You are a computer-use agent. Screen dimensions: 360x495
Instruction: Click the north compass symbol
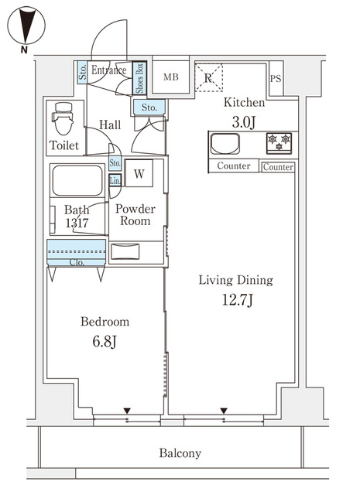pyautogui.click(x=26, y=27)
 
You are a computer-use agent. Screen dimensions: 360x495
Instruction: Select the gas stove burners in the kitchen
pyautogui.click(x=279, y=143)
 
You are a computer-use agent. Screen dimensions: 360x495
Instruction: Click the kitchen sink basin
pyautogui.click(x=225, y=144)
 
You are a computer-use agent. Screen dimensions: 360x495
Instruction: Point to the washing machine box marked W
pyautogui.click(x=139, y=173)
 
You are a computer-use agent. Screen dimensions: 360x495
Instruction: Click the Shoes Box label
pyautogui.click(x=139, y=78)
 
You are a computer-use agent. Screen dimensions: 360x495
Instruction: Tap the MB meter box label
pyautogui.click(x=170, y=77)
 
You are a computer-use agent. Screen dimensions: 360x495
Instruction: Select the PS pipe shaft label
pyautogui.click(x=276, y=78)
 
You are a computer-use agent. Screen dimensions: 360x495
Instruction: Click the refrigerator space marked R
pyautogui.click(x=208, y=77)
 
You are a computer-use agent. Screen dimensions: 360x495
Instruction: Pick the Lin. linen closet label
pyautogui.click(x=115, y=181)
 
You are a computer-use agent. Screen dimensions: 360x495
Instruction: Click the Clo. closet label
pyautogui.click(x=77, y=262)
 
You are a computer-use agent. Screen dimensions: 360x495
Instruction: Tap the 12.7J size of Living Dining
pyautogui.click(x=237, y=300)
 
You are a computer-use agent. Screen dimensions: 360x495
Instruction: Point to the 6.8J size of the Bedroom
pyautogui.click(x=105, y=342)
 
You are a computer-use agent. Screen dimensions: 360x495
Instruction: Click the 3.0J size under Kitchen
pyautogui.click(x=243, y=122)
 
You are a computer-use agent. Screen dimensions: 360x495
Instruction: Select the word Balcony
pyautogui.click(x=180, y=453)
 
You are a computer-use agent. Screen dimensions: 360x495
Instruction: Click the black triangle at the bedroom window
pyautogui.click(x=127, y=411)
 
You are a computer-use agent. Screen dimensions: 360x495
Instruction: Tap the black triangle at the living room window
pyautogui.click(x=224, y=411)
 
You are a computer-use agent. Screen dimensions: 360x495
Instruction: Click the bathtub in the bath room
pyautogui.click(x=77, y=181)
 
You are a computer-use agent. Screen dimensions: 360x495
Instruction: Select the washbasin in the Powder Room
pyautogui.click(x=125, y=251)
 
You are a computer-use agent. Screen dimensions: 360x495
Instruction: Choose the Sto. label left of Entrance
pyautogui.click(x=83, y=72)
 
